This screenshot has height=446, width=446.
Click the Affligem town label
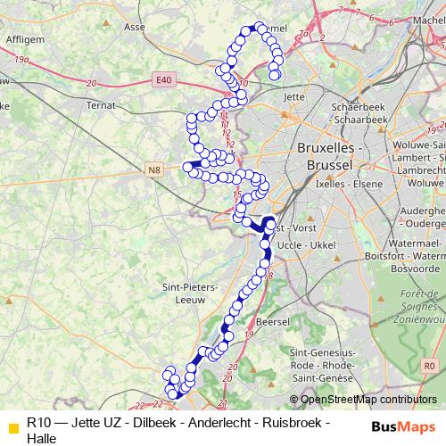26,39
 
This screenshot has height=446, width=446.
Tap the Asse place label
136,28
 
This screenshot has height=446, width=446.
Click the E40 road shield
162,80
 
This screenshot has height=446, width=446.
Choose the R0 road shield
430,366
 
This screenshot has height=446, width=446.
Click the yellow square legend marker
12,423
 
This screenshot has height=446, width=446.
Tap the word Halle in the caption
42,438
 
